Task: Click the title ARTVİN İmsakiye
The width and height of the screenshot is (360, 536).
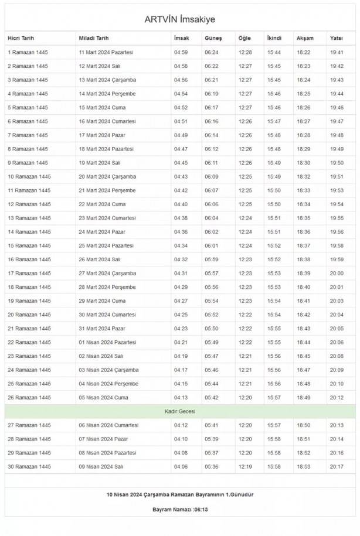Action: coord(180,19)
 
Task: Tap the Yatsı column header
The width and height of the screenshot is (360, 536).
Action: coord(336,38)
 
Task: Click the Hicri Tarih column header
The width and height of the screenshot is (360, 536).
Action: coord(21,38)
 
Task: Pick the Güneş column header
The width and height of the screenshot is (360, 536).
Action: coord(213,38)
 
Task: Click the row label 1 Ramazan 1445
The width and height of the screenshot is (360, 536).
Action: coord(28,52)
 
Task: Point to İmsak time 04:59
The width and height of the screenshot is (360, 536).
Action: coord(181,52)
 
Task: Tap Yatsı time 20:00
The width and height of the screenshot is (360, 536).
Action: coord(337,273)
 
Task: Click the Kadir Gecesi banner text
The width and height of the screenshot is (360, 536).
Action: coord(180,411)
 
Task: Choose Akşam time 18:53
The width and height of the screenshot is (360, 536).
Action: coord(304,466)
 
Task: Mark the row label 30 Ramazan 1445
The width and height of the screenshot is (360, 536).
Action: coord(29,466)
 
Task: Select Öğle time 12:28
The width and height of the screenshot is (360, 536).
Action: coord(245,52)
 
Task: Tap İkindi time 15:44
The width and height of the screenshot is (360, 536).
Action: coord(274,52)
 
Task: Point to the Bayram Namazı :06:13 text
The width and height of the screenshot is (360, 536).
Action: coord(180,510)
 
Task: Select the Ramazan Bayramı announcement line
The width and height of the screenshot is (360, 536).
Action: coord(180,494)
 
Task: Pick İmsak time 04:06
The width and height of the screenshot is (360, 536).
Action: coord(181,466)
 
